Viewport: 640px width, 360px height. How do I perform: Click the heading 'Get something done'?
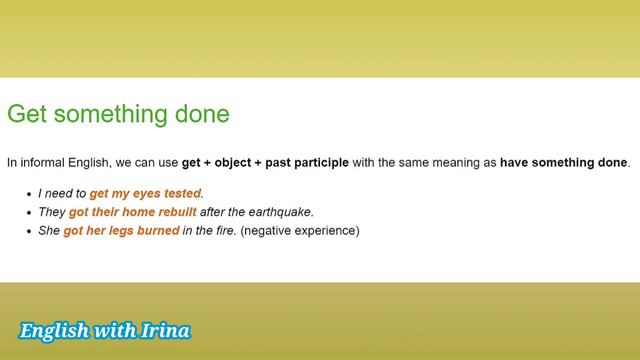[118, 114]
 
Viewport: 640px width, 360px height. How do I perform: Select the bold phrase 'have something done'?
[564, 162]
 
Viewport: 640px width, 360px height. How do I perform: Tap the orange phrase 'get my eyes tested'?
[145, 193]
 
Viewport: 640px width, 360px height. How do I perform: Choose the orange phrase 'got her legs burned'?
[121, 231]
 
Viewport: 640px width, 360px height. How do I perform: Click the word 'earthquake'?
[282, 212]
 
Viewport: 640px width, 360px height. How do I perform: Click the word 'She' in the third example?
[49, 231]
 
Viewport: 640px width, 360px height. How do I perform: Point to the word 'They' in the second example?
[52, 212]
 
